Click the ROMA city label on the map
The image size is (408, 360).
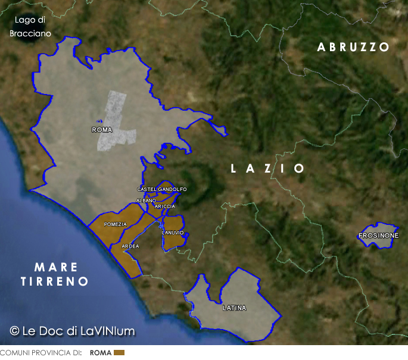point(102,129)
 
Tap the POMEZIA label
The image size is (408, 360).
point(115,224)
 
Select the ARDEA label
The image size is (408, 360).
point(130,246)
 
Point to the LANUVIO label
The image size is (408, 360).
point(173,233)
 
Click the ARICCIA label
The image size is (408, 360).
point(164,206)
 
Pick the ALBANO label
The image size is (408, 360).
point(146,201)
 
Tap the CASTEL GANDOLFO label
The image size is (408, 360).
point(161,189)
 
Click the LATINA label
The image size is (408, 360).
point(234,308)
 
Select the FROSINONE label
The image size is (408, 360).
point(378,236)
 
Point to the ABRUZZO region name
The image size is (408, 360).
point(353,47)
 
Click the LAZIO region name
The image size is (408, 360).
point(267,169)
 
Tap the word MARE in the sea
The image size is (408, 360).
point(56,267)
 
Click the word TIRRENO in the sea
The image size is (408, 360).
point(55,281)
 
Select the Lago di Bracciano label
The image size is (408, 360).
point(30,27)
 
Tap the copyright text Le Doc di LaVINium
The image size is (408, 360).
point(73,331)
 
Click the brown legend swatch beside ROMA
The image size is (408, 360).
point(119,353)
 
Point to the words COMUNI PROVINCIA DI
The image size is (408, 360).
point(41,353)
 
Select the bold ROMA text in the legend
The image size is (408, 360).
point(100,353)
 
